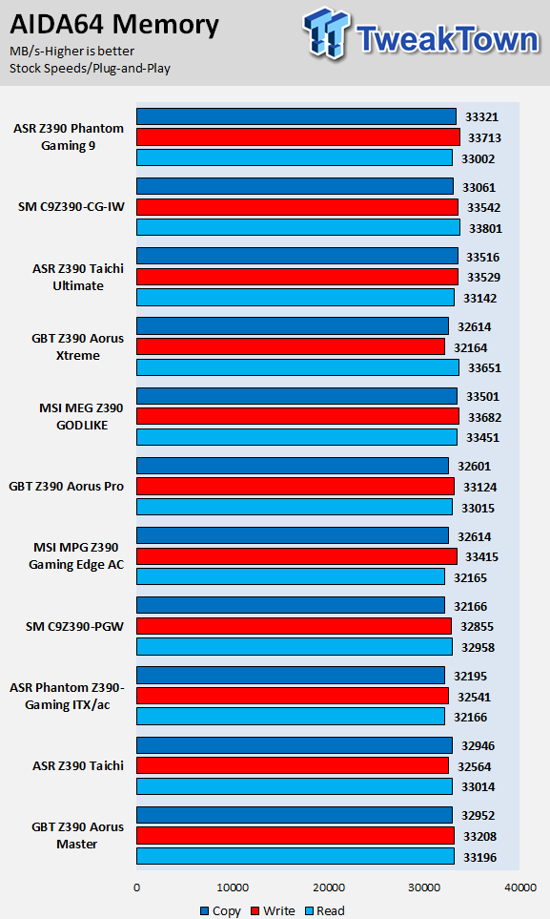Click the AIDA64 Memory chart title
pos(114,25)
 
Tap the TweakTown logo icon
pos(326,33)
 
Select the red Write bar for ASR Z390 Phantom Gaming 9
pos(298,137)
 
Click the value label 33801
pos(485,229)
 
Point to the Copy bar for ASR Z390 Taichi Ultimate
pos(297,256)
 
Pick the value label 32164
pos(470,347)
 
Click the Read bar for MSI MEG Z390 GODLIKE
pos(297,437)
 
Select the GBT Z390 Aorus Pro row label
pos(66,487)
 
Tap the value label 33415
pos(482,556)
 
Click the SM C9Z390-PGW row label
pos(75,627)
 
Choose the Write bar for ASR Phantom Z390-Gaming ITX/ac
pos(293,696)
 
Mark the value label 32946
pos(478,746)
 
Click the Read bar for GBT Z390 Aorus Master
pos(295,856)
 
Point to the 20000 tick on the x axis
pos(329,888)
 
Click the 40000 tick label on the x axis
pos(520,888)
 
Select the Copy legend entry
pos(220,910)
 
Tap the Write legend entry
pos(273,910)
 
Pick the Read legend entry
pos(324,910)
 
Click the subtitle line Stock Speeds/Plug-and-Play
pos(90,69)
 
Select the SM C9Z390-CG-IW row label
pos(71,207)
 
